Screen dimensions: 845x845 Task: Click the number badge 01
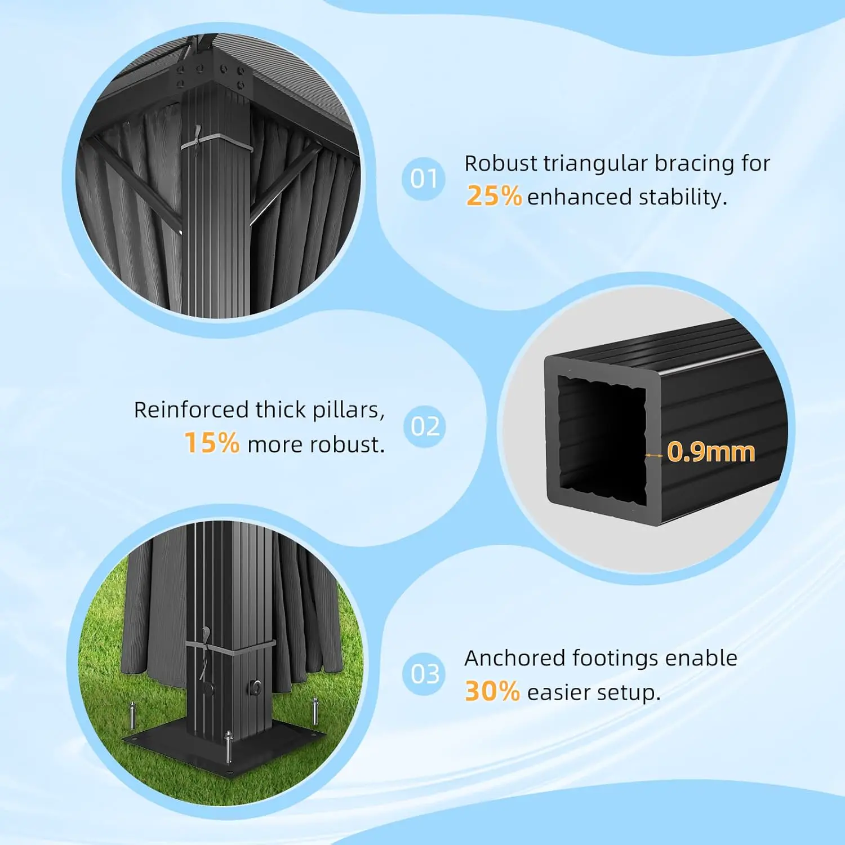pos(424,179)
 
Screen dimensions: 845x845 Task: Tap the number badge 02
pos(425,426)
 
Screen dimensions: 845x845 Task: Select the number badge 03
pos(425,674)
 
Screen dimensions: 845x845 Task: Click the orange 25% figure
pos(494,197)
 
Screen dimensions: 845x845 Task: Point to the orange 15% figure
pos(212,443)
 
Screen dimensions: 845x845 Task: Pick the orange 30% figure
pos(492,692)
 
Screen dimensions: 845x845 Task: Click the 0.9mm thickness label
pos(711,452)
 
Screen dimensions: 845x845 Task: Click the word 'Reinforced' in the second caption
pos(191,410)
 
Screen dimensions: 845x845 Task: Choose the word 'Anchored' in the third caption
pos(515,658)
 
